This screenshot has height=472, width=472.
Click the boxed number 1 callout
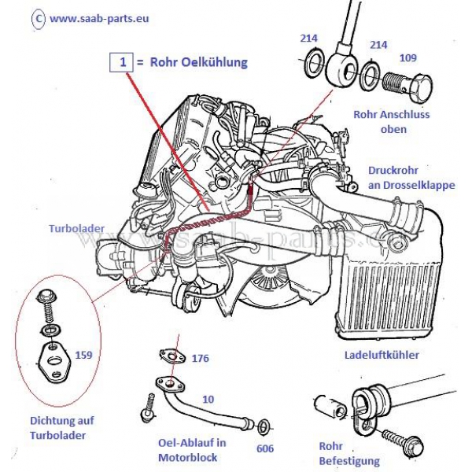121,62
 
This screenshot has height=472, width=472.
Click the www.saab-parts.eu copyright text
99,18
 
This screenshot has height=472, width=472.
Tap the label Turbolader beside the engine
77,228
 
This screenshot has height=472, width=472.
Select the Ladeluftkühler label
382,355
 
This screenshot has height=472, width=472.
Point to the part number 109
407,57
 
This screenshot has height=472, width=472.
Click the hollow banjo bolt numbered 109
407,84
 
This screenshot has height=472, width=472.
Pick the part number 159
83,355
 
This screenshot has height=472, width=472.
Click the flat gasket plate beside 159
55,362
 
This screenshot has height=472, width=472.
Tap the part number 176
200,358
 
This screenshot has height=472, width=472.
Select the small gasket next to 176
171,356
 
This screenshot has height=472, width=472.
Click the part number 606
265,448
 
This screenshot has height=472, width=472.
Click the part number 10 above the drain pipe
208,400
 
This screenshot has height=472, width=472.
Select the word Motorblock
187,458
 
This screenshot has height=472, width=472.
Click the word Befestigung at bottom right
349,461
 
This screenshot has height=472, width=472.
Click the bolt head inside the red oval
45,297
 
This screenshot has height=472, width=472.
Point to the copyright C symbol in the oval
39,18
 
